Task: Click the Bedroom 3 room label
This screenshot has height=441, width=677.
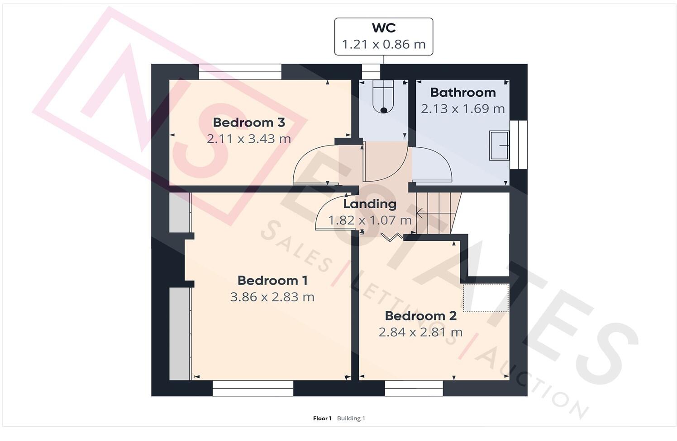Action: (248, 122)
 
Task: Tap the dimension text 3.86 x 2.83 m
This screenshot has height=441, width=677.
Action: (272, 297)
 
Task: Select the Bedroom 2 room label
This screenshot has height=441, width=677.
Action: (420, 316)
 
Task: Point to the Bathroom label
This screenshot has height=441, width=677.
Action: (462, 93)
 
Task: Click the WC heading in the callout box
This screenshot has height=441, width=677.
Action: (383, 28)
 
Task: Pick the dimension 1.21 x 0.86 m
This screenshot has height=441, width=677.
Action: (383, 44)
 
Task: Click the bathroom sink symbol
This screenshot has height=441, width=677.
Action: (499, 145)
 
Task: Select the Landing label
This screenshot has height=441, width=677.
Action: (369, 204)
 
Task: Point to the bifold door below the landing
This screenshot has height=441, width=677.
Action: (391, 237)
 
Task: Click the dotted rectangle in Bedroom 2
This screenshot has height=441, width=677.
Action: (486, 298)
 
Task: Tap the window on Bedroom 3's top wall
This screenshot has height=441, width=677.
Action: (240, 72)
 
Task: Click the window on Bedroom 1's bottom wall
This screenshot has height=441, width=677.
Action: (253, 388)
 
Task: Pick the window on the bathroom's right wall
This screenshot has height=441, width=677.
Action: (518, 145)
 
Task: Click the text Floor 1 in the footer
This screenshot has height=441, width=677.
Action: (322, 418)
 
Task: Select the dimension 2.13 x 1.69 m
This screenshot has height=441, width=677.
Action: (462, 109)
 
